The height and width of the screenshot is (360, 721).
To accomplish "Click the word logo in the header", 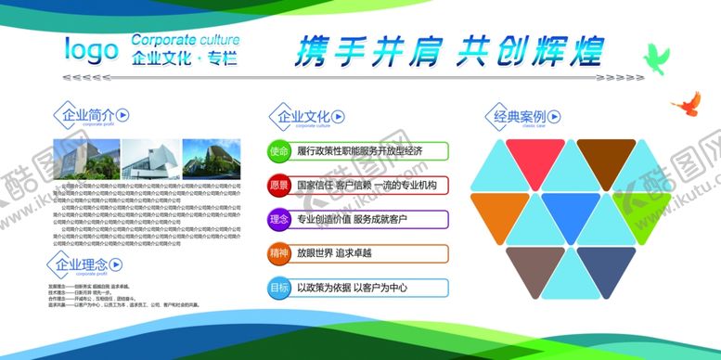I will [x=91, y=49].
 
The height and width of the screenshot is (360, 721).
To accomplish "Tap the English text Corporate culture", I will [x=185, y=40].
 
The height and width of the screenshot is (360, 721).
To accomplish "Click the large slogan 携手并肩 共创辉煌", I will [x=450, y=50].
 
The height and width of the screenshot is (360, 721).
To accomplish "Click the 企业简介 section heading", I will [x=82, y=116].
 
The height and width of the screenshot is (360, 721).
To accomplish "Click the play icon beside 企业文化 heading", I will [x=338, y=117].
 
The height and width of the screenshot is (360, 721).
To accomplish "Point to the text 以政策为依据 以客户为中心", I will [x=350, y=287].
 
